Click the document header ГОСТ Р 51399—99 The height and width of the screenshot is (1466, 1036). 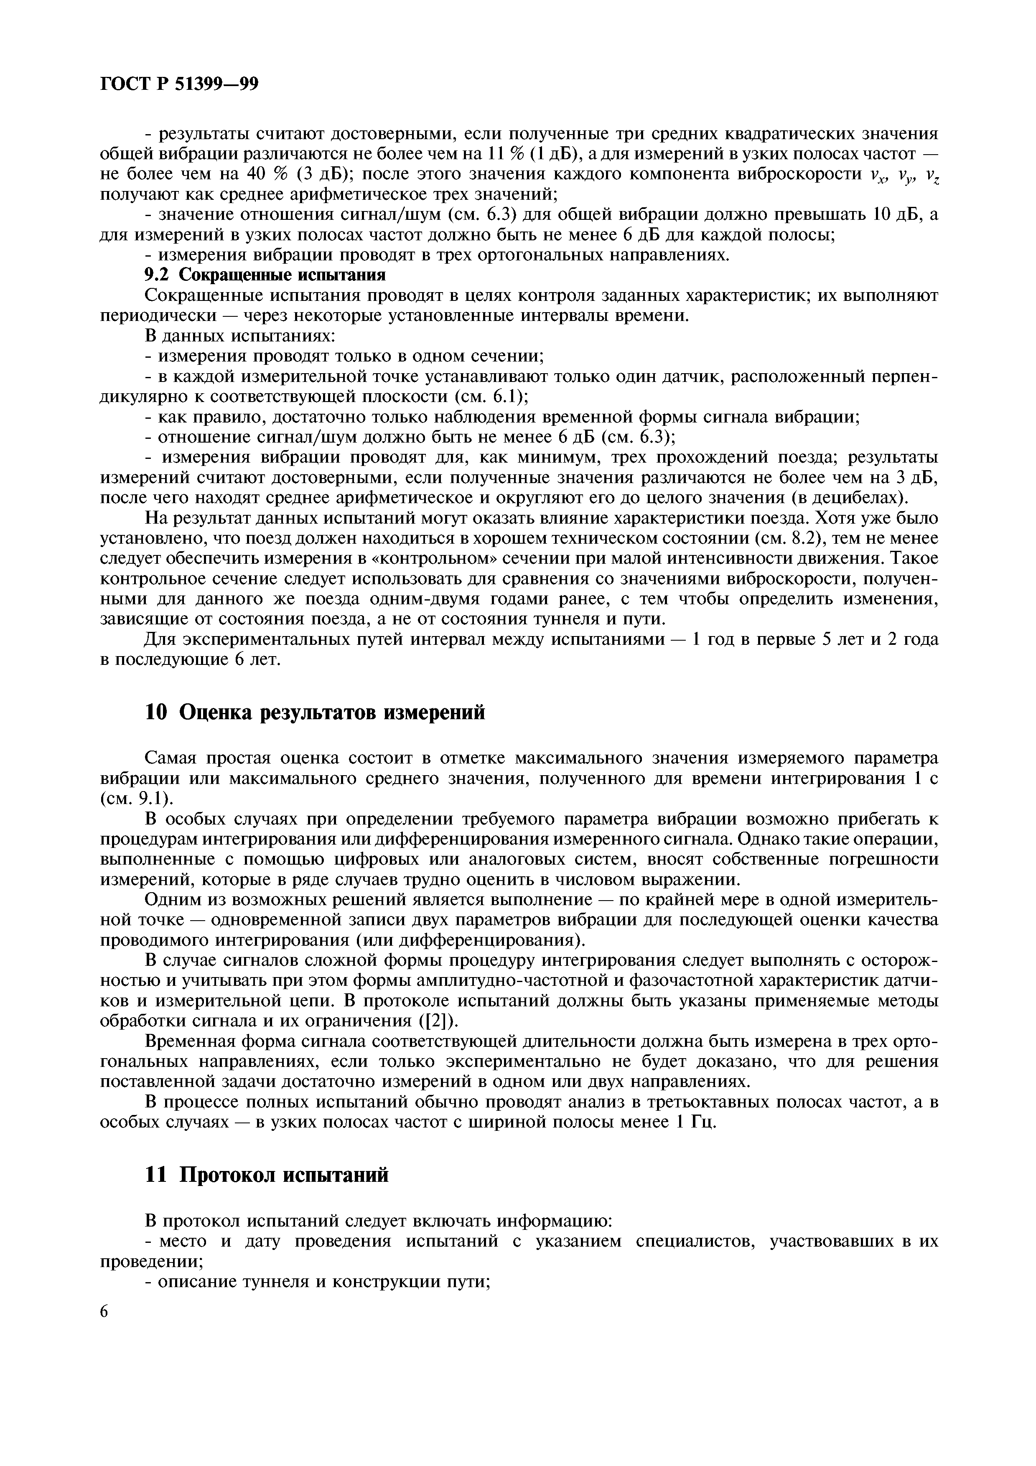coord(179,84)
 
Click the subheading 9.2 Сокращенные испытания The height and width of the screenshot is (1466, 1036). coord(265,275)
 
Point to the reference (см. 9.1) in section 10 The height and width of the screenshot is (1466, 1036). coord(137,798)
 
